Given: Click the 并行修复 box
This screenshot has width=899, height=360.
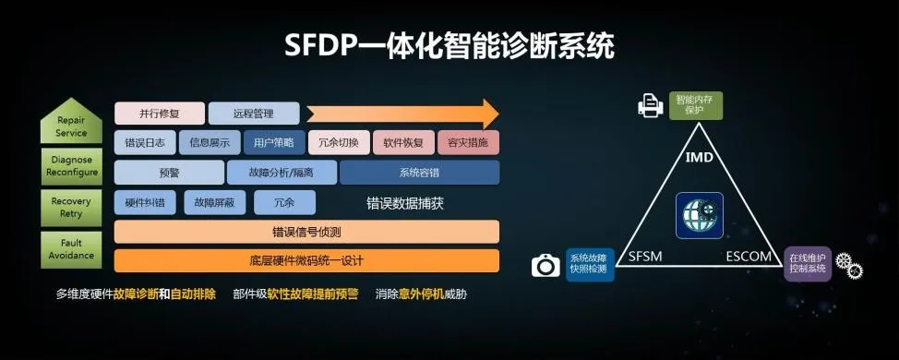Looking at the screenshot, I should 158,114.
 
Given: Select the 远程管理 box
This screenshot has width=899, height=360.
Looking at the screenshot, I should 254,114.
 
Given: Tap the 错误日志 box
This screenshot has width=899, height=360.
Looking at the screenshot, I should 146,142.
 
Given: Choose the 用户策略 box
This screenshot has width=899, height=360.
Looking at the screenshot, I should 274,142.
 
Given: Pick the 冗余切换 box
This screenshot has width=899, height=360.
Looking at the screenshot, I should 338,142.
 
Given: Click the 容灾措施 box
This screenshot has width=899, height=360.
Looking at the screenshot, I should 468,142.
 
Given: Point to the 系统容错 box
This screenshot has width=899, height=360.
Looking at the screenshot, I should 419,173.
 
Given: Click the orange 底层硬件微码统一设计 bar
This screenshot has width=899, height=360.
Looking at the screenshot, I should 306,260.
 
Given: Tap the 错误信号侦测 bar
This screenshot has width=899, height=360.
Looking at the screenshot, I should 306,231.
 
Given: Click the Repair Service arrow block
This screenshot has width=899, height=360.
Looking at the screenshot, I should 72,126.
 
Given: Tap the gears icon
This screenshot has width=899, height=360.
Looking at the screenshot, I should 848,266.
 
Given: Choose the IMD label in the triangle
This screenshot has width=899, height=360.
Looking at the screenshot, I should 699,158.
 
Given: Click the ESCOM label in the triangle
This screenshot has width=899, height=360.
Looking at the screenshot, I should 748,256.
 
